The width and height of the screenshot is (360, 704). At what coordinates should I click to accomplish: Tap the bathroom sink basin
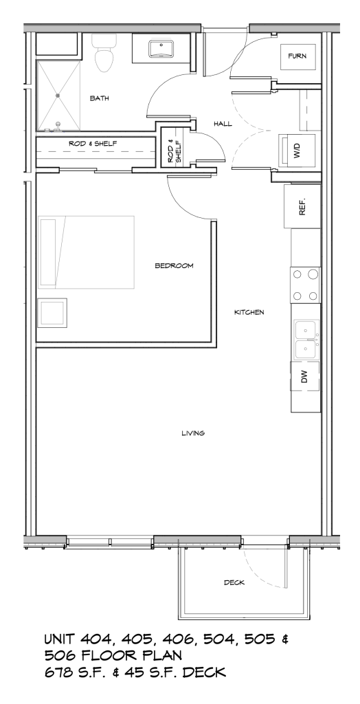(163, 50)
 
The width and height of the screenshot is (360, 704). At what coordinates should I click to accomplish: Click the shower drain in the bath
(58, 95)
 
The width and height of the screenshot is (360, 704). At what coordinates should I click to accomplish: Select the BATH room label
(100, 98)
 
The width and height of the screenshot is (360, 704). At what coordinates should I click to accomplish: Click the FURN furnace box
(297, 56)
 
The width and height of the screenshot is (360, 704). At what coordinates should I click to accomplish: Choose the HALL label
(222, 124)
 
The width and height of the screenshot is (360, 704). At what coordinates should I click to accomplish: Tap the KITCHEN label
(249, 312)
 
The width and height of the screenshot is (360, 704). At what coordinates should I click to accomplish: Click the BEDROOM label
(173, 265)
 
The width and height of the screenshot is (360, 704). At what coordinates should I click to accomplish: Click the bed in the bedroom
(86, 252)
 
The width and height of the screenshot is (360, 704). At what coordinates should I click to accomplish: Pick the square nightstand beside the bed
(52, 313)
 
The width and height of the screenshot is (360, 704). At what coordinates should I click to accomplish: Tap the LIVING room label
(194, 433)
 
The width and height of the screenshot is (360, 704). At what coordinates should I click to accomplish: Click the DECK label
(234, 582)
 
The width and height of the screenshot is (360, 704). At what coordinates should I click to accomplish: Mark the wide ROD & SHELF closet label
(91, 144)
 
